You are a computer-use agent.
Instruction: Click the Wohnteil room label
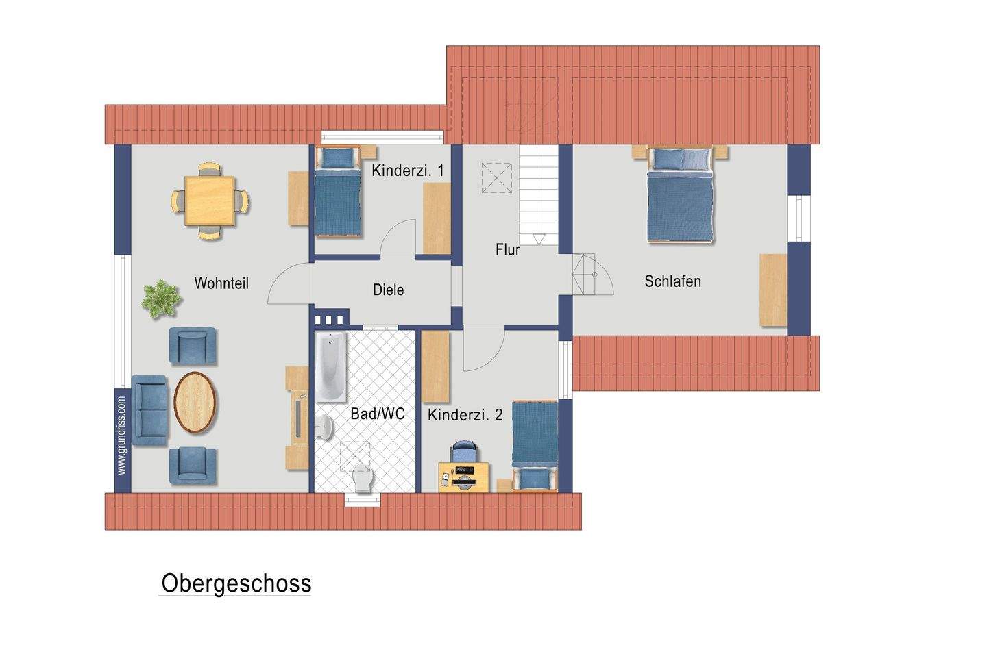click(221, 283)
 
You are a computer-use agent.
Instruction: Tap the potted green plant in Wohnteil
click(162, 299)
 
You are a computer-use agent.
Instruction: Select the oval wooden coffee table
click(196, 402)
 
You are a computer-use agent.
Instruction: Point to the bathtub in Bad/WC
click(331, 368)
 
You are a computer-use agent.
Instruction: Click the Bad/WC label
click(377, 414)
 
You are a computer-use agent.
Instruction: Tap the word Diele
click(388, 290)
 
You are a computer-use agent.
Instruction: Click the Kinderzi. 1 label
click(407, 171)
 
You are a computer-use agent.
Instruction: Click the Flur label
click(507, 250)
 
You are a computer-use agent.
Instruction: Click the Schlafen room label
click(672, 281)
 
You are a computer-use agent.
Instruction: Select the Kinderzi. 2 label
click(465, 414)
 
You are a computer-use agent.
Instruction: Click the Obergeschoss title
click(236, 583)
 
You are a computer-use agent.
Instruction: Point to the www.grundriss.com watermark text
click(122, 436)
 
